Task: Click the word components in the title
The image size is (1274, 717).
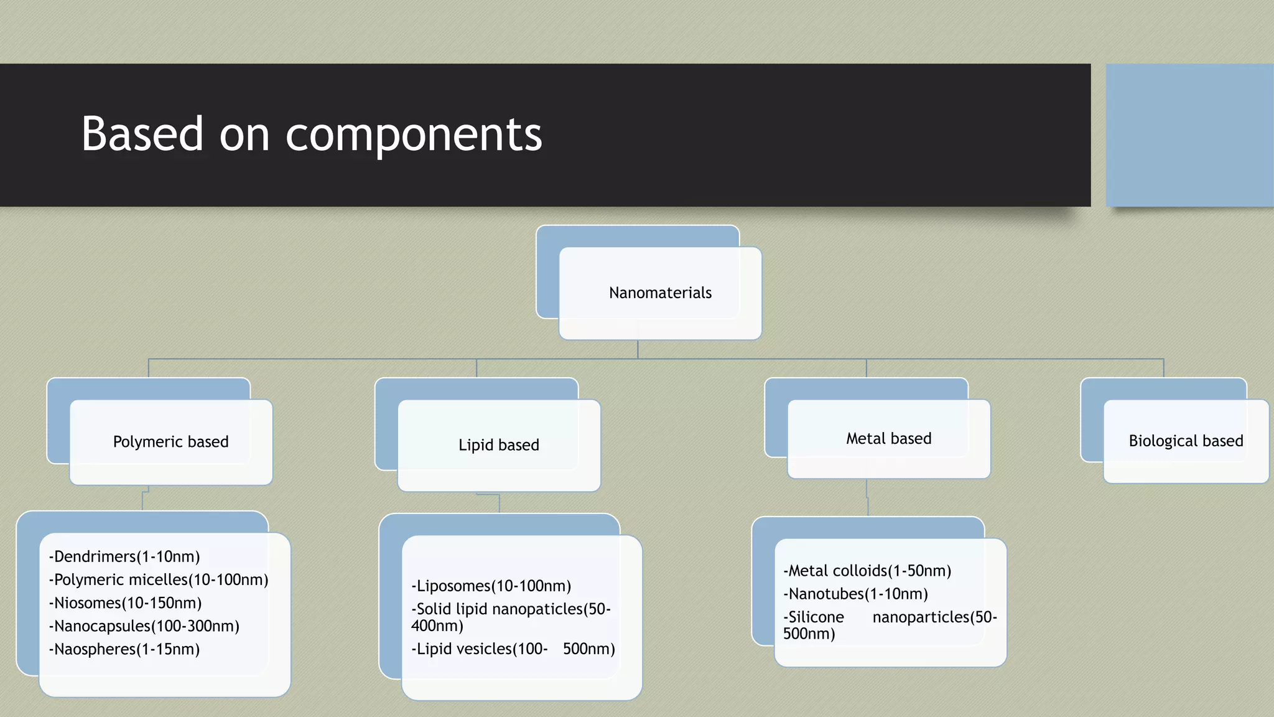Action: point(414,135)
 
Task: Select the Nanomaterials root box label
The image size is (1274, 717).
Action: point(660,293)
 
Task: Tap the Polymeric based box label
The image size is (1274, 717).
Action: point(170,442)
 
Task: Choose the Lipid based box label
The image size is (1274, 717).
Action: point(498,445)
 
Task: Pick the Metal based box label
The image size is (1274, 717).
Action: point(888,439)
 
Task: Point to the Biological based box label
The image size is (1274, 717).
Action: point(1186,441)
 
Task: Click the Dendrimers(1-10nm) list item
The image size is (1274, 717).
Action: point(124,556)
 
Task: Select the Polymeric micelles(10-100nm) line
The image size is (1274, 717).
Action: point(159,579)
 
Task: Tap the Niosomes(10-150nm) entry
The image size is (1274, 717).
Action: point(125,602)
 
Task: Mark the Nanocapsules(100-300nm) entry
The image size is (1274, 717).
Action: point(144,626)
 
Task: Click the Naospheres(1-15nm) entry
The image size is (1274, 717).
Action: point(124,649)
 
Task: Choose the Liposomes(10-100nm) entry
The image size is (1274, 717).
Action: point(491,586)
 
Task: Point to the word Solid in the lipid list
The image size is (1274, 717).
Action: point(434,609)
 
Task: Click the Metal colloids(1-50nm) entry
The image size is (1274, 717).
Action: point(867,571)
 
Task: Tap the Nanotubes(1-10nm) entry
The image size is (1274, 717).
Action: point(856,594)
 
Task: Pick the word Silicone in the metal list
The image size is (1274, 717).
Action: point(816,617)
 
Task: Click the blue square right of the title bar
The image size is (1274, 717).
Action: point(1189,135)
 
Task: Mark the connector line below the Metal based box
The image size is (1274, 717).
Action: point(867,497)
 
